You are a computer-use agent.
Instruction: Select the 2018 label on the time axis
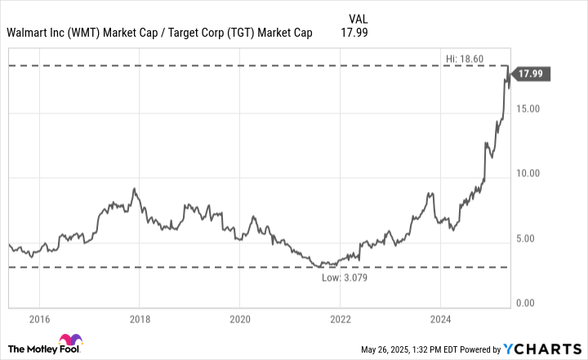point(140,318)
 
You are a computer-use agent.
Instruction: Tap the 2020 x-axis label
point(239,318)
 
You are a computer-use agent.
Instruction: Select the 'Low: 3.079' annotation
point(345,278)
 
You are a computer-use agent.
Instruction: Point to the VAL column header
point(357,18)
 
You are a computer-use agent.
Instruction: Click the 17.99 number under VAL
point(357,33)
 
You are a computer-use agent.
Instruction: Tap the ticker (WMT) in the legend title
point(85,33)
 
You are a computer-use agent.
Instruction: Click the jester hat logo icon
point(68,342)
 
